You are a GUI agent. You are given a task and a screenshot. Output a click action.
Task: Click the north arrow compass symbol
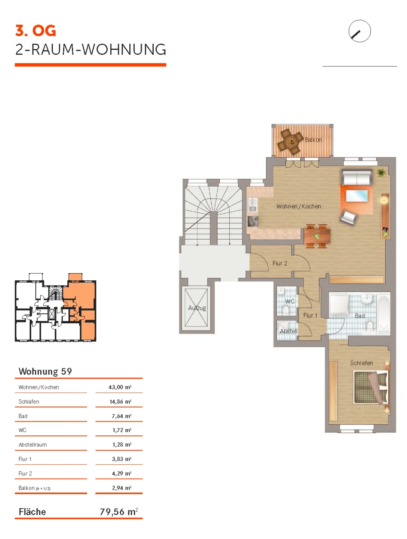[360, 31]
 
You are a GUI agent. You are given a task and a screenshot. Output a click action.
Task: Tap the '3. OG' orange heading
[35, 31]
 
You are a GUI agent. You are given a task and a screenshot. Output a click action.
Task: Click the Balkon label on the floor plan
[313, 140]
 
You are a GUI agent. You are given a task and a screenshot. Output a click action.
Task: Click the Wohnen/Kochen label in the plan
[298, 206]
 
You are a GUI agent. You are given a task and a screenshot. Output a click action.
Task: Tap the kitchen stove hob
[253, 221]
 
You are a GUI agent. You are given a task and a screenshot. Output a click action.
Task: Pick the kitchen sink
[253, 204]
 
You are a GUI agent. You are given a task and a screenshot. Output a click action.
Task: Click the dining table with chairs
[317, 236]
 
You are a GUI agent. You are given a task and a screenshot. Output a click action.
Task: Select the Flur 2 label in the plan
[279, 263]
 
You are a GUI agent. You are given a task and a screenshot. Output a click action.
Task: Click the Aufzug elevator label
[197, 308]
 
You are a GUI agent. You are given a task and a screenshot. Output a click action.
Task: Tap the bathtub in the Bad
[384, 313]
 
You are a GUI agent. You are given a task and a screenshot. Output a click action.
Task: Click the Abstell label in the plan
[289, 331]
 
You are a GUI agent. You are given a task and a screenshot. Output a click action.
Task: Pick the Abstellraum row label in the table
[33, 444]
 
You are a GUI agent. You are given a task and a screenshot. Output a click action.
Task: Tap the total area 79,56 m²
[119, 512]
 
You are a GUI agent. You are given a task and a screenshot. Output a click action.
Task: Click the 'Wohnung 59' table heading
[45, 372]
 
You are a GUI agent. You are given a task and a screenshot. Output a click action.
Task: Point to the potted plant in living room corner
[380, 172]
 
